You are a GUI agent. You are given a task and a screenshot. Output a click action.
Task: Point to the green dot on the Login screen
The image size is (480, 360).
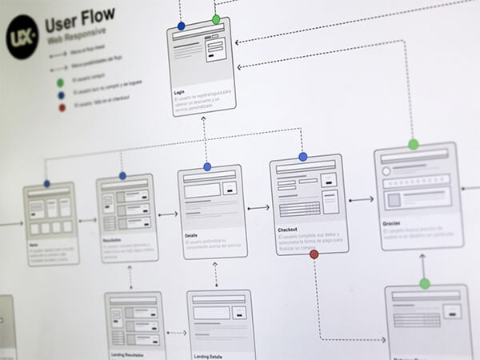216,18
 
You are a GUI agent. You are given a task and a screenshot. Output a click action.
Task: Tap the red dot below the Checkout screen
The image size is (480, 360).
314,254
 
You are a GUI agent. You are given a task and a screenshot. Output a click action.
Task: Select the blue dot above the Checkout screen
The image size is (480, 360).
302,158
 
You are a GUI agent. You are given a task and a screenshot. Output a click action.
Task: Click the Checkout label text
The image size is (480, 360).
287,230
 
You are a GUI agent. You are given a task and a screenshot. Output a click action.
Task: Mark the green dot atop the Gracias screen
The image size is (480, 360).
413,145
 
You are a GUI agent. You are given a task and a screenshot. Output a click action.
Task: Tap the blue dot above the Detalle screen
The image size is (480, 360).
207,166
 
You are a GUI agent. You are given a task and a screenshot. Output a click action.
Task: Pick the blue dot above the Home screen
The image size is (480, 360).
47,184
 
